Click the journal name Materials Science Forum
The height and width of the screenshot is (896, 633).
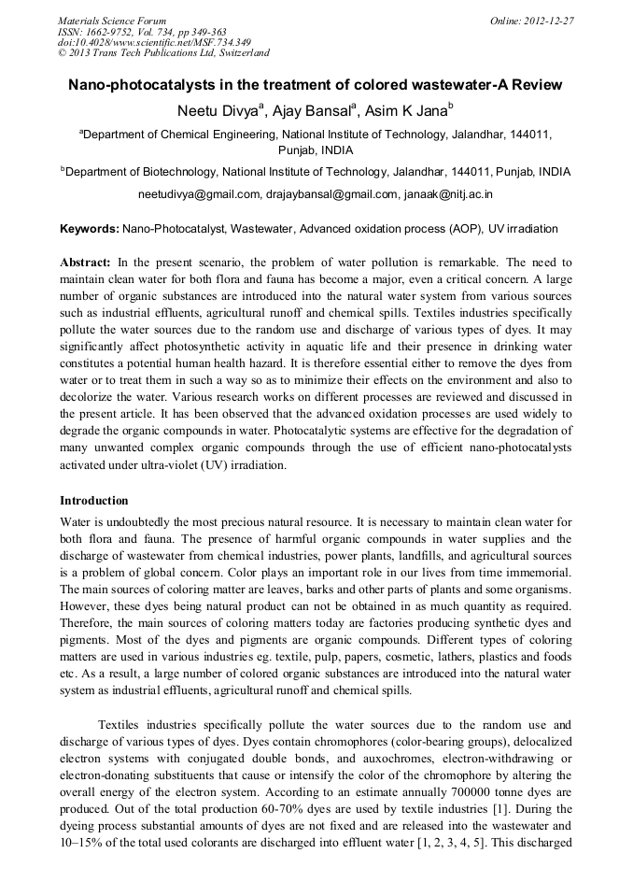pos(112,20)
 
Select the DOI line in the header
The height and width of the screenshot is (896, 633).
pos(154,42)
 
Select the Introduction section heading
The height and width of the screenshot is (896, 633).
pos(94,501)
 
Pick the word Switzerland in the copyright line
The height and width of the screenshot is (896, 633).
pos(240,53)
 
